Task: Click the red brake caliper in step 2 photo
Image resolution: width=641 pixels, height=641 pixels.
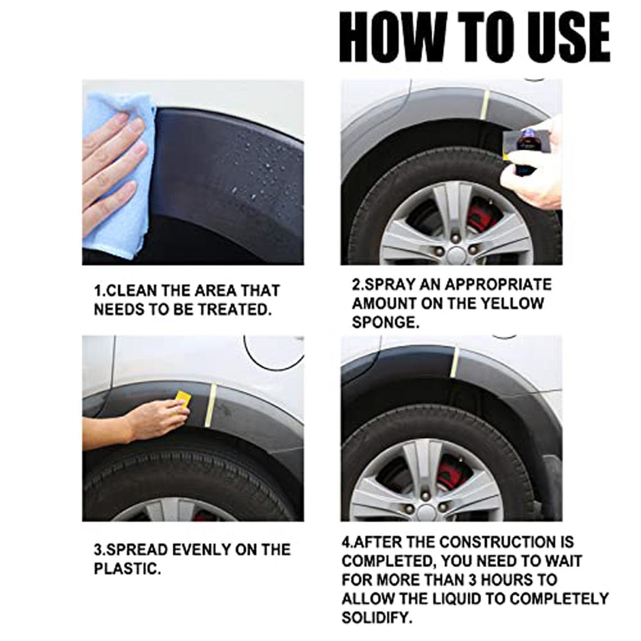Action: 482,216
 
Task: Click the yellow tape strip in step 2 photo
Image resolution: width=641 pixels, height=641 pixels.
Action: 485,104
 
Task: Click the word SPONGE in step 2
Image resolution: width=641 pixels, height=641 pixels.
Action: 384,322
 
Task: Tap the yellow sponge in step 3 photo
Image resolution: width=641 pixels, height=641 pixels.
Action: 183,397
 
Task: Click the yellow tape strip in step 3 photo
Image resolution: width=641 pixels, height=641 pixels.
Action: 212,405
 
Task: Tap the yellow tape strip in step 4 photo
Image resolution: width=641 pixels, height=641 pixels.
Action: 454,363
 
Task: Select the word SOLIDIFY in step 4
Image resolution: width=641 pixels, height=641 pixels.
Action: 376,618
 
